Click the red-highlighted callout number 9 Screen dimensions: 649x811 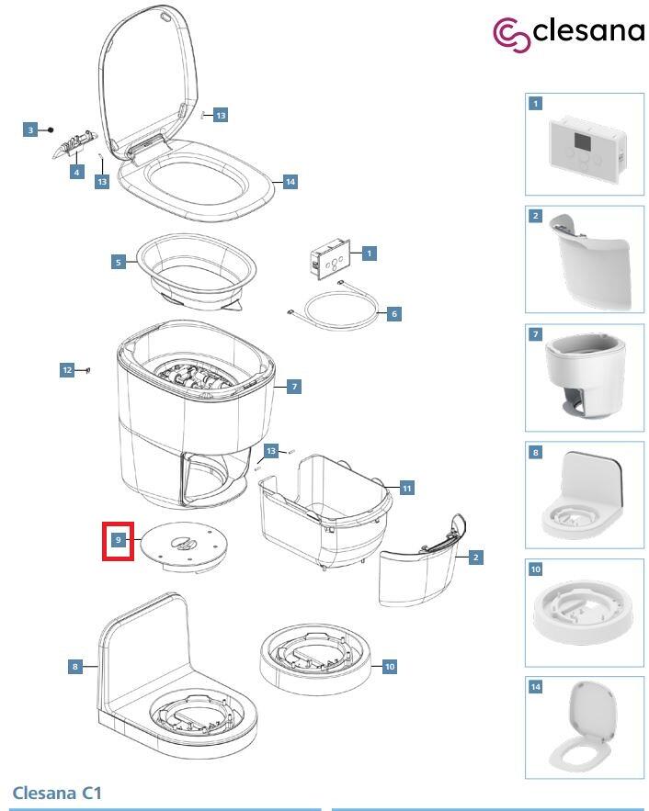pos(119,540)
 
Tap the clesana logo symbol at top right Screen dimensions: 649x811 pos(512,35)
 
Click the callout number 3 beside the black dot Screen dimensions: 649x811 pos(30,130)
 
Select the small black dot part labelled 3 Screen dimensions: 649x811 pos(51,130)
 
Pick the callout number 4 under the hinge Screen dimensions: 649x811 pos(76,172)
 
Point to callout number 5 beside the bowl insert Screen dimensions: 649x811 pos(119,263)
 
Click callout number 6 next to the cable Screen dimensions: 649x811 pos(394,313)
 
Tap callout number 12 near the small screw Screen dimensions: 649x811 pos(67,370)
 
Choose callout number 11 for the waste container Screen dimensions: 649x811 pos(407,488)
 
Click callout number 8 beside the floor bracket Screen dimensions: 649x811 pos(75,667)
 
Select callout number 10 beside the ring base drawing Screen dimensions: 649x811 pos(390,667)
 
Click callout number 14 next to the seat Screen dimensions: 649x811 pos(290,182)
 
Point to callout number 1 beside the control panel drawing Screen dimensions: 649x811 pos(369,253)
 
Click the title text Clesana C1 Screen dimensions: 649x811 pos(57,793)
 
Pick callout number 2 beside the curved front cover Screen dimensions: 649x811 pos(475,558)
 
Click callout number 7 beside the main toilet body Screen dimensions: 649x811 pos(294,387)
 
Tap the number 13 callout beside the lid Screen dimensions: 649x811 pos(221,115)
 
